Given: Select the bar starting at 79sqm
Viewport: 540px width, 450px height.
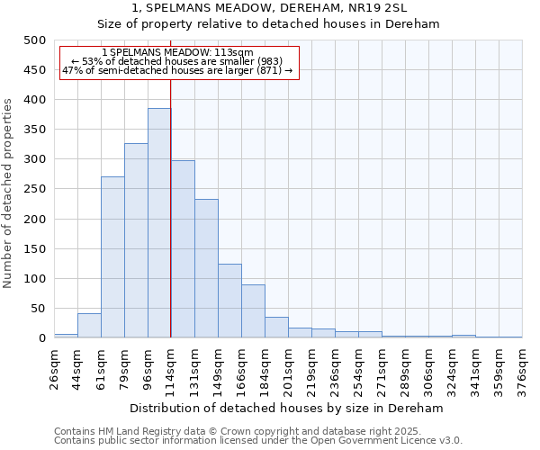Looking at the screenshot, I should [x=136, y=240].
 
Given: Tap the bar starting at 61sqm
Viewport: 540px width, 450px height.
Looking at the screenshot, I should [x=112, y=257].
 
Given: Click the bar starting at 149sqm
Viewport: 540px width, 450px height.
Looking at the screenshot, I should [x=229, y=301].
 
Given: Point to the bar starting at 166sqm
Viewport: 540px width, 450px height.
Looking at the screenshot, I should [x=253, y=311].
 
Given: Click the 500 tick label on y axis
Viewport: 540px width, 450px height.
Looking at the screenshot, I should [x=34, y=40].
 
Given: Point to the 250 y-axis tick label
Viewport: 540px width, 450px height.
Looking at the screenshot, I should [x=34, y=189].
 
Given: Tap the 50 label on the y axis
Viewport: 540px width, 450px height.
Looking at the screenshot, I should [x=38, y=309].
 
